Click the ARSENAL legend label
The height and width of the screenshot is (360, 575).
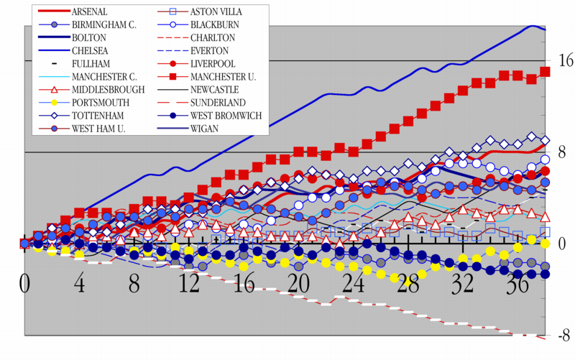[90, 12]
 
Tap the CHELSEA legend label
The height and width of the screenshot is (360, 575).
[90, 51]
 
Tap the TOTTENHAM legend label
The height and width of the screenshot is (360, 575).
[97, 116]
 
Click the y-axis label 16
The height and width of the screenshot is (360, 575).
[565, 61]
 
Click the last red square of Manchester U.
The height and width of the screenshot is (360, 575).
[545, 72]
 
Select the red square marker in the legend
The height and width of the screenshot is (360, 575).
[172, 77]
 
